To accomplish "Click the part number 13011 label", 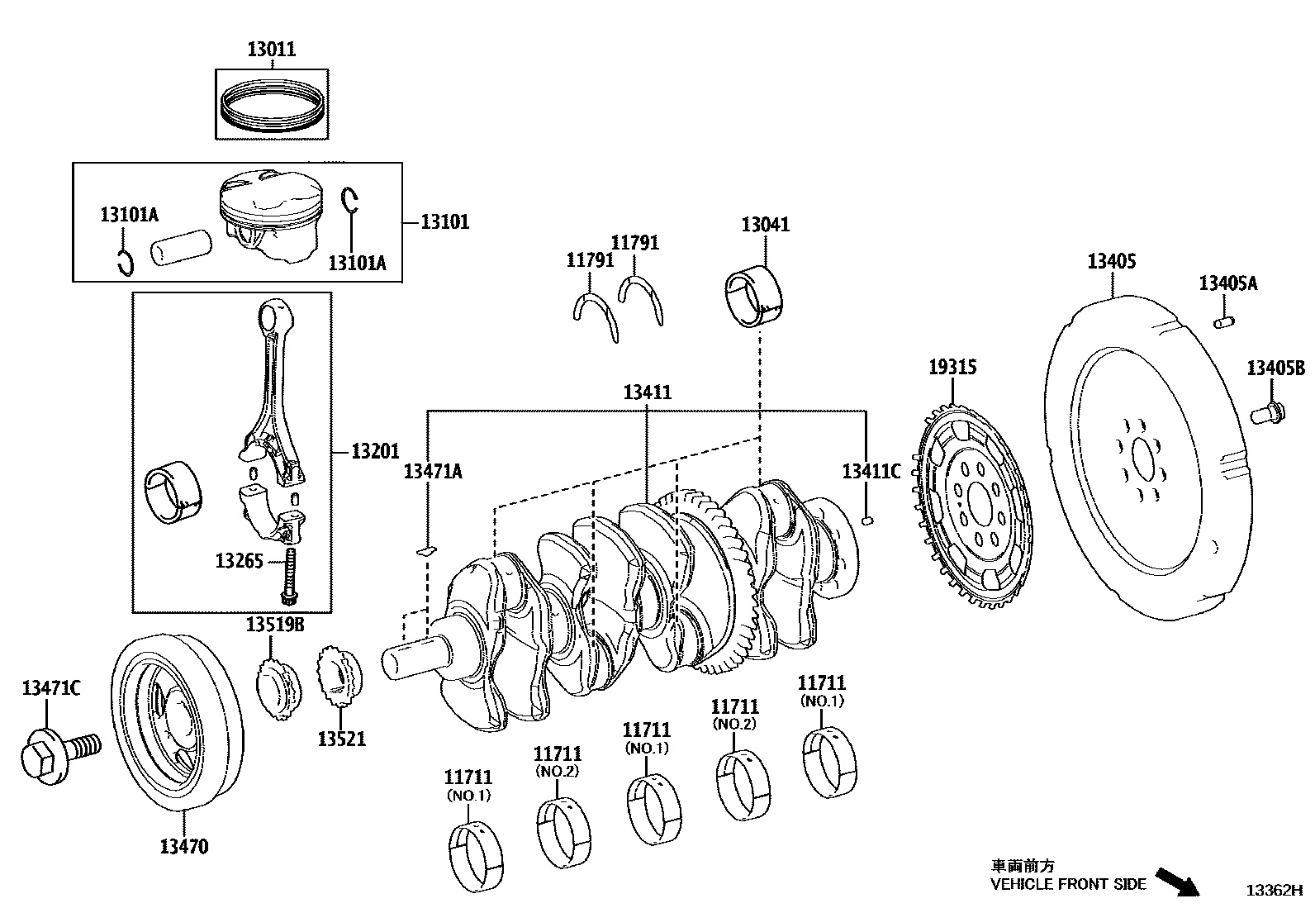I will pyautogui.click(x=271, y=49).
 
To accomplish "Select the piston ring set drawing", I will pyautogui.click(x=271, y=103).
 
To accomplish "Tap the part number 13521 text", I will pyautogui.click(x=341, y=738).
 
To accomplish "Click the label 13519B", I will pyautogui.click(x=274, y=625).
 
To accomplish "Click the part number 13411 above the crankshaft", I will pyautogui.click(x=647, y=392).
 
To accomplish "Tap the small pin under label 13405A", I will pyautogui.click(x=1223, y=321).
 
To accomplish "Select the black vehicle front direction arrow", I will pyautogui.click(x=1176, y=881).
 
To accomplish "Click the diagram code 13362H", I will pyautogui.click(x=1275, y=890).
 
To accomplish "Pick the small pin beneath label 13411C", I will pyautogui.click(x=866, y=520).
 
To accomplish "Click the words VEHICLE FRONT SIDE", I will pyautogui.click(x=1068, y=884).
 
